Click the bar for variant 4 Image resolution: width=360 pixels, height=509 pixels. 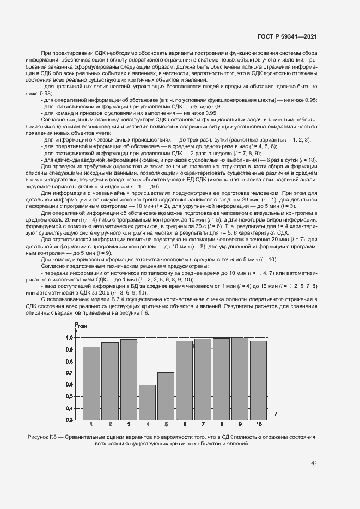pos(147,402)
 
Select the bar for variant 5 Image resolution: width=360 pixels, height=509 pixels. pos(166,396)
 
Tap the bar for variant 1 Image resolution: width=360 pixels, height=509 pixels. pos(91,383)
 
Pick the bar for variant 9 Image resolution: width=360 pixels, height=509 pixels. pos(240,379)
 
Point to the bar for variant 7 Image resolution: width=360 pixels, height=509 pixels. pos(203,379)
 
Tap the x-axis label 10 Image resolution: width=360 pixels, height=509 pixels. pos(258,424)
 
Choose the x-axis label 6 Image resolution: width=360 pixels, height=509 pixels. pos(184,424)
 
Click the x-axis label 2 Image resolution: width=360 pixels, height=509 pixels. pos(110,424)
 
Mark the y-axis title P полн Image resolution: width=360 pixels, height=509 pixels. pos(80,326)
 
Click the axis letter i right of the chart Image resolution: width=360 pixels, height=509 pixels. pos(276,415)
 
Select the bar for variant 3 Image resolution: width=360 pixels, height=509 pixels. pos(129,379)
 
